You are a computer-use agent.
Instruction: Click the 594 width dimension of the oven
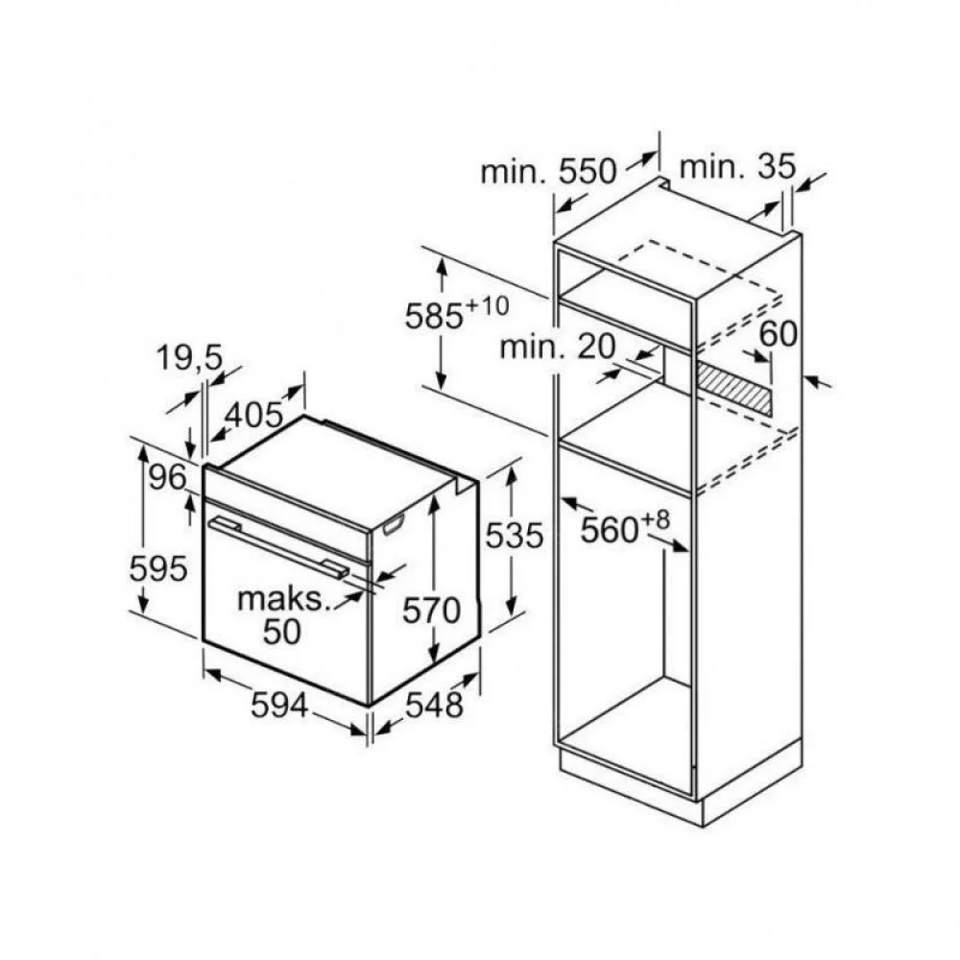279,706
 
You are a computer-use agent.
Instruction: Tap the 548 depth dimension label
435,705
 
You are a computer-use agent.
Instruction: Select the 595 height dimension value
158,568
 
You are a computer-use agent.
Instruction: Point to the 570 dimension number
432,611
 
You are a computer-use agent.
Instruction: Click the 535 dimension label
515,536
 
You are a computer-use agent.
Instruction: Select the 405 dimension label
253,417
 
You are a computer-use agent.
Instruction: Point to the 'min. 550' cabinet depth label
548,171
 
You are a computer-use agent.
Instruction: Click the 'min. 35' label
737,166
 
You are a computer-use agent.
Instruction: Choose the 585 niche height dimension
434,317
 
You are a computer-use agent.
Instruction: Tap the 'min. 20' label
557,347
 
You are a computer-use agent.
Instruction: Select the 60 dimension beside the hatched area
779,334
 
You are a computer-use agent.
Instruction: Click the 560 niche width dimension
610,530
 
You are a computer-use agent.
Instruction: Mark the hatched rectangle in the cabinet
732,388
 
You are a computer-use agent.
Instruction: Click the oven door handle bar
278,547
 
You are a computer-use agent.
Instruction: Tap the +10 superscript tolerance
488,305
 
